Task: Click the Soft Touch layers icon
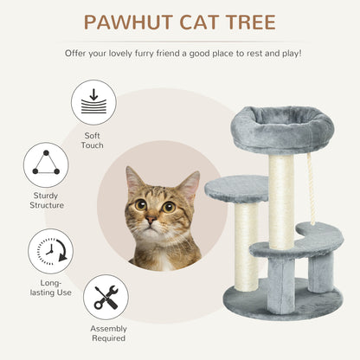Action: (93, 101)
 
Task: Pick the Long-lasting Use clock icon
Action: (49, 251)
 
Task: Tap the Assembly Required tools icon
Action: (106, 297)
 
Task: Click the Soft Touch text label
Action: (93, 141)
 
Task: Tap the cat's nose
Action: (152, 222)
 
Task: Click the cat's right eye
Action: (168, 206)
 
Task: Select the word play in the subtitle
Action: (277, 53)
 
